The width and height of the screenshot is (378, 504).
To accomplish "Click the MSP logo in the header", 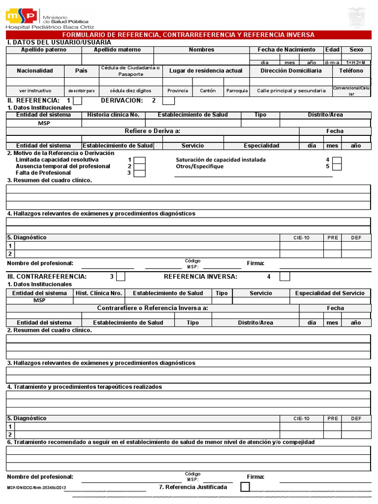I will click(x=21, y=17).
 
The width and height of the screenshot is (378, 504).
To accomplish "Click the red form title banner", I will click(x=189, y=34).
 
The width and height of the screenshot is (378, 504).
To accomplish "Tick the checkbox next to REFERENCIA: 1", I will click(x=77, y=100).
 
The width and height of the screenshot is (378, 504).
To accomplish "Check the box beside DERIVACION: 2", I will click(x=168, y=100).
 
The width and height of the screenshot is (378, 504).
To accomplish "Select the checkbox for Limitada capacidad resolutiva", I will click(x=140, y=160).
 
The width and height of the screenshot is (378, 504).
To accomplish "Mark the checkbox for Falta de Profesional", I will click(x=140, y=173).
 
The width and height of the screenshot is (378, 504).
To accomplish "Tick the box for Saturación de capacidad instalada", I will click(x=337, y=160).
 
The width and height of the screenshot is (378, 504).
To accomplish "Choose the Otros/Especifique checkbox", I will click(x=337, y=166).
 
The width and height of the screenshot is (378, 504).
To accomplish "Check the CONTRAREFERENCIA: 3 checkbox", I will click(x=121, y=277).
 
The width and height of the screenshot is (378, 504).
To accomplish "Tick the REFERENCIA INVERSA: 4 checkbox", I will click(x=284, y=277).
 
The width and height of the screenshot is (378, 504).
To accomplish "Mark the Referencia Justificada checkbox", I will click(x=245, y=487).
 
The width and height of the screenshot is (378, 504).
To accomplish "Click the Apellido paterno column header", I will click(x=43, y=50).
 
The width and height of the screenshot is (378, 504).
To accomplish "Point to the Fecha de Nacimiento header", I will click(x=286, y=50).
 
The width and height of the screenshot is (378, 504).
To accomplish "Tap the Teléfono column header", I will click(x=351, y=71).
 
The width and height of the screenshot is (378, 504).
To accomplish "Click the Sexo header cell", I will click(x=356, y=50).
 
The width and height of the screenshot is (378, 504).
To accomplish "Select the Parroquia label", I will click(x=237, y=91).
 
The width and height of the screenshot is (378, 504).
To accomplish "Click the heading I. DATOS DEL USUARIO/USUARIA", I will click(x=55, y=42).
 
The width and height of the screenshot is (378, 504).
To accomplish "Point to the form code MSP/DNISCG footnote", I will click(x=36, y=487).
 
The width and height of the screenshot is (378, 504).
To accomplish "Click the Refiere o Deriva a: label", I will click(x=153, y=131).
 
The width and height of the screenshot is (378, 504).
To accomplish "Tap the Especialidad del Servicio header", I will click(x=330, y=293).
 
